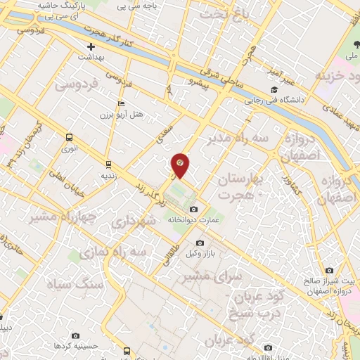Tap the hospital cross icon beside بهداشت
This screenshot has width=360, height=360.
tap(91, 46)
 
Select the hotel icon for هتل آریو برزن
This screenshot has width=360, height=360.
tap(122, 104)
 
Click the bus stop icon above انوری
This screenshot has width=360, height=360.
tap(69, 138)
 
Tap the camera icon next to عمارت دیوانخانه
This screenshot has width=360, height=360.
tap(194, 209)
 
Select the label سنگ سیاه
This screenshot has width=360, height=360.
tap(75, 285)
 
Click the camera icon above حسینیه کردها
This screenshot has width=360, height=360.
tap(76, 336)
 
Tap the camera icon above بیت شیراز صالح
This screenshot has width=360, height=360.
tap(329, 271)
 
